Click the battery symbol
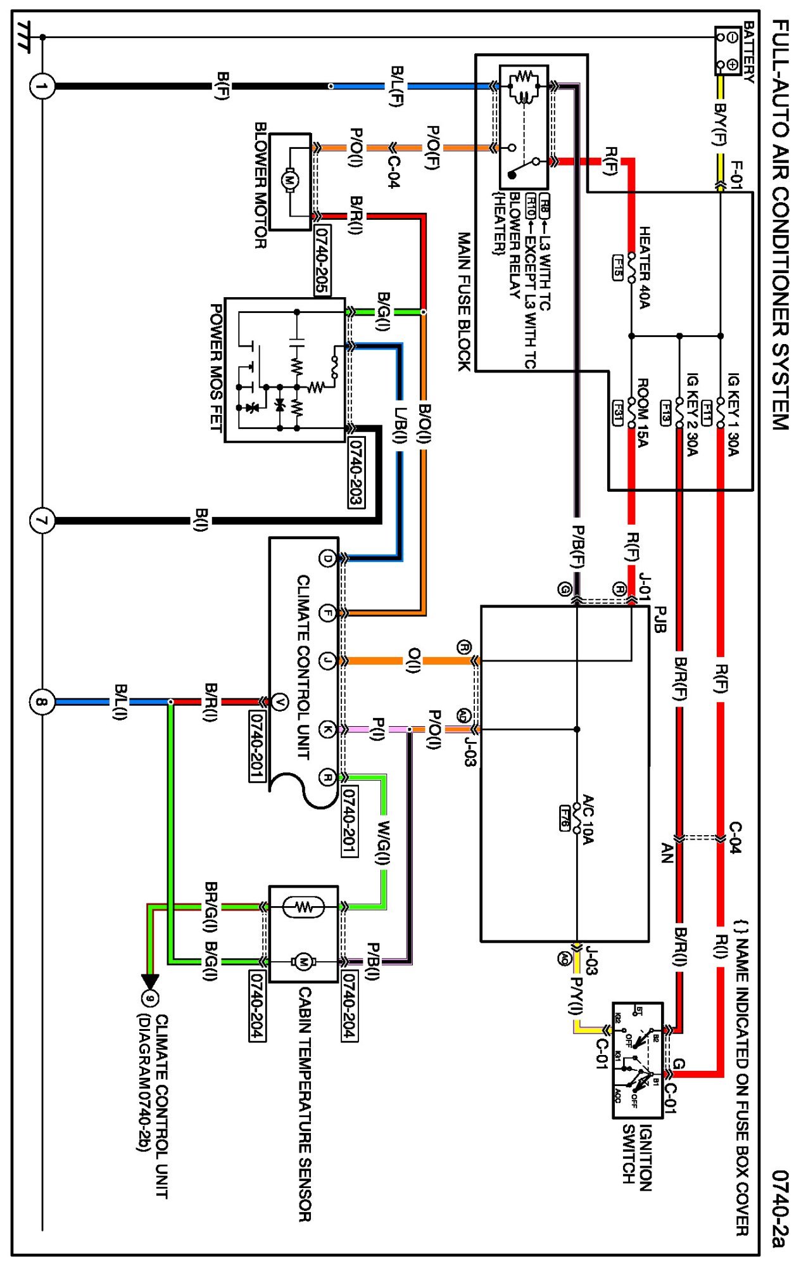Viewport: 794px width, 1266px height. click(x=728, y=50)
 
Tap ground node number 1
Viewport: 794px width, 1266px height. click(x=42, y=86)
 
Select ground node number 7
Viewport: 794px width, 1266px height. click(x=42, y=521)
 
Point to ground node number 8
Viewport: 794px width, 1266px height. click(x=42, y=702)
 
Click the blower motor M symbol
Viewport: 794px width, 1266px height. click(x=290, y=181)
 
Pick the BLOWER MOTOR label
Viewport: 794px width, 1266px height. click(x=260, y=185)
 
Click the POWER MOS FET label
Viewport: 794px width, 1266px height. click(x=216, y=368)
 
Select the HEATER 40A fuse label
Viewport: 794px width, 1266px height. click(x=644, y=267)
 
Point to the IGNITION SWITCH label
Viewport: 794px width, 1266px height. click(x=637, y=1154)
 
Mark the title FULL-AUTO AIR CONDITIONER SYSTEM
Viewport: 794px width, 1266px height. click(x=780, y=225)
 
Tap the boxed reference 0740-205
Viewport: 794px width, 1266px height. click(x=322, y=260)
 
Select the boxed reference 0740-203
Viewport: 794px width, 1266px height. click(x=356, y=472)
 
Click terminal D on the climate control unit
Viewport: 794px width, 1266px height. click(x=327, y=558)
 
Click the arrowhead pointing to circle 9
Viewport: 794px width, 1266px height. click(x=150, y=981)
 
